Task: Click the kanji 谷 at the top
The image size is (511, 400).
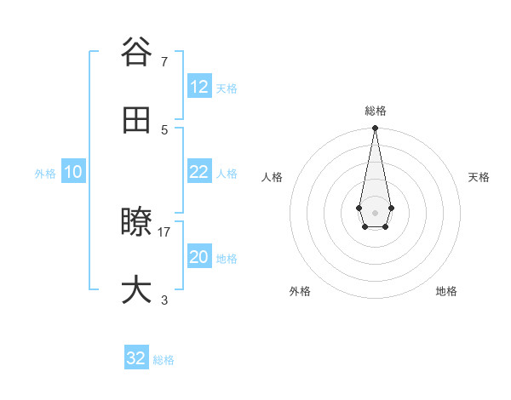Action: click(135, 52)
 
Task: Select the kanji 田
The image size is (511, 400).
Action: click(135, 121)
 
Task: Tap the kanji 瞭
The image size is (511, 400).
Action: click(135, 223)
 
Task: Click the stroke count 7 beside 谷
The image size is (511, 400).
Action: click(164, 61)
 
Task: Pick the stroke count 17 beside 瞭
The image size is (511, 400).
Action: click(164, 231)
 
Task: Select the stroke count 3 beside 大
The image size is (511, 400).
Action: click(164, 300)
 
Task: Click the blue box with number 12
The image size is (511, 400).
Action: click(199, 87)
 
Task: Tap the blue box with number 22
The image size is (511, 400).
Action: click(199, 172)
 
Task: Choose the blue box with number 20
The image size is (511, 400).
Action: click(199, 257)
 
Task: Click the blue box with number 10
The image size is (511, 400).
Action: click(73, 172)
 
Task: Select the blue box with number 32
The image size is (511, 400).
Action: click(136, 358)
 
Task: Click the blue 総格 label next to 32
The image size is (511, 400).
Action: click(164, 360)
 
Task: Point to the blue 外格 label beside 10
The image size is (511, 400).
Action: click(45, 174)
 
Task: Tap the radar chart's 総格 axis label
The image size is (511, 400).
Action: click(375, 111)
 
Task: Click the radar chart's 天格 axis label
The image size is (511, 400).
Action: click(479, 177)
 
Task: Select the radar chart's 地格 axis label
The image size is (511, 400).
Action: click(446, 291)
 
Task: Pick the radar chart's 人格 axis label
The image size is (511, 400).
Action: click(272, 177)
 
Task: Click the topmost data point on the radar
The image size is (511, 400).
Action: click(375, 129)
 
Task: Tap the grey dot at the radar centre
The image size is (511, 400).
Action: click(375, 211)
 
